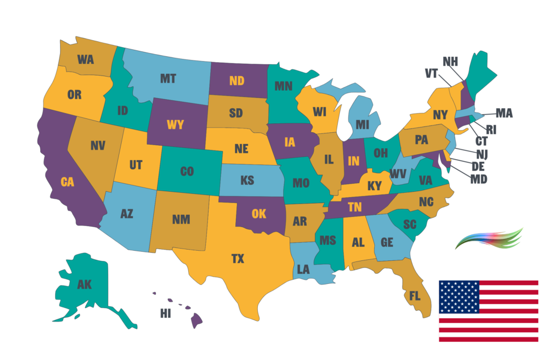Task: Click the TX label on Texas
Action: point(238,259)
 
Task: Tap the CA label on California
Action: point(67,182)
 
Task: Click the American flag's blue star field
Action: point(459,297)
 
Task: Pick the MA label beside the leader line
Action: point(503,113)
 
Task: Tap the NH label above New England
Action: point(450,61)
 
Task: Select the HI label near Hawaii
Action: point(166,313)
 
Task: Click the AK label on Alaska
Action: point(84,284)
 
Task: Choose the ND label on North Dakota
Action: point(236,81)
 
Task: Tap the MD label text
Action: point(479,178)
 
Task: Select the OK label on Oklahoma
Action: point(259,214)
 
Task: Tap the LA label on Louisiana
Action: point(303,269)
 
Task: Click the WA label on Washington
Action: point(85,59)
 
